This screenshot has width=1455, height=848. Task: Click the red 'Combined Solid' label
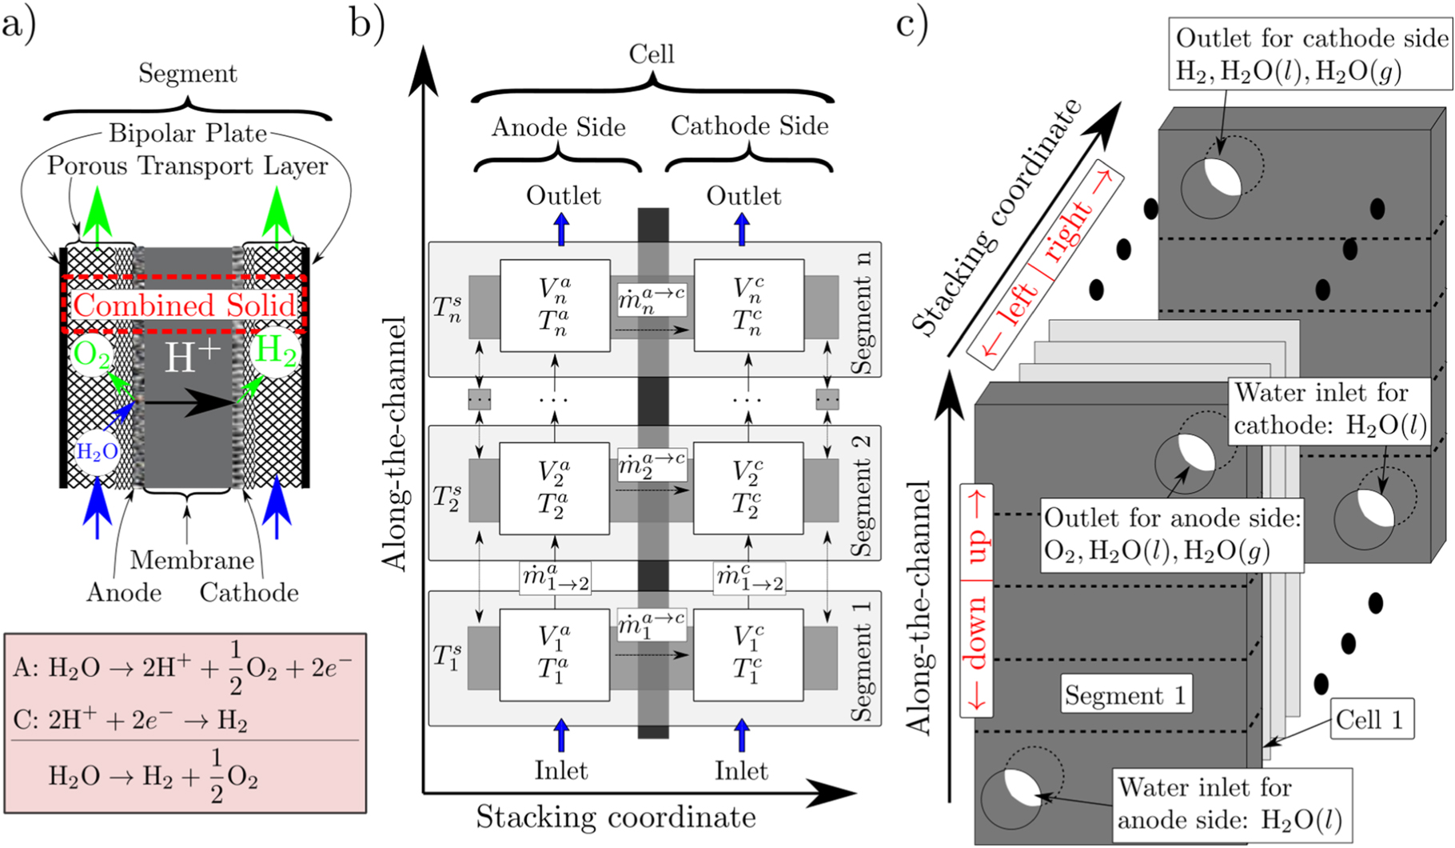[x=185, y=305]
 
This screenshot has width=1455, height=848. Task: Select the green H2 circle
[x=276, y=351]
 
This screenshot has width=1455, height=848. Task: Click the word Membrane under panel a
[x=192, y=559]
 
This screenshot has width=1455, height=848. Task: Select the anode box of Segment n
[x=555, y=305]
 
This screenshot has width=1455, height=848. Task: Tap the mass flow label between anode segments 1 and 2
[x=555, y=578]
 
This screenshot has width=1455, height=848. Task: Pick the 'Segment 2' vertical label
[x=862, y=496]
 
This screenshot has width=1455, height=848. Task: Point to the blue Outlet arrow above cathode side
[x=743, y=229]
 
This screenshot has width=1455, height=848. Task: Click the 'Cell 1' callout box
[x=1369, y=719]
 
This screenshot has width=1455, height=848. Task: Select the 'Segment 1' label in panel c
[x=1125, y=695]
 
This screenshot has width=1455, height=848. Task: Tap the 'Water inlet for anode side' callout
[x=1230, y=804]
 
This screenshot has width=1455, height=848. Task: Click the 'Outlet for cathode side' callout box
[x=1312, y=54]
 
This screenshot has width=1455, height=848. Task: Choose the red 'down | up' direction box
[x=977, y=600]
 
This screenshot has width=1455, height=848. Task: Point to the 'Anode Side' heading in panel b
[x=558, y=126]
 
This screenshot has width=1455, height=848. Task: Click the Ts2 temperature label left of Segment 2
[x=447, y=496]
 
